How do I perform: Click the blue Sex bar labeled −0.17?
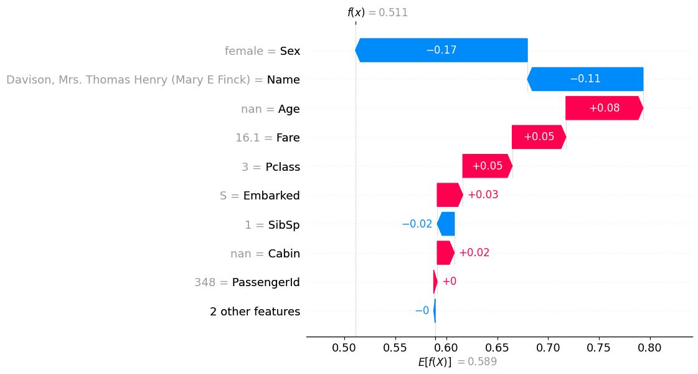[441, 50]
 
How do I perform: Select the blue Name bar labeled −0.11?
[585, 79]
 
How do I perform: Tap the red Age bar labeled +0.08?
[604, 108]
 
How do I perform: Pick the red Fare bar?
[539, 137]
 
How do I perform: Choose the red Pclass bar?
[487, 166]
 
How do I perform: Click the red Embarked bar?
[449, 195]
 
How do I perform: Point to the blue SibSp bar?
[446, 224]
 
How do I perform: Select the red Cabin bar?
[445, 253]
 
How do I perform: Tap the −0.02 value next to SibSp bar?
[417, 224]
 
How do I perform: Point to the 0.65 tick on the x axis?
[446, 348]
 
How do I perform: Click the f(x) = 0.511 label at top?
[377, 12]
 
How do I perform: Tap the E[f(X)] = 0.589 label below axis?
[457, 362]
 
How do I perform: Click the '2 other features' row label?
[255, 311]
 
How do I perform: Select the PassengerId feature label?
[266, 282]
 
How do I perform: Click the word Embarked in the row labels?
[271, 196]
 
